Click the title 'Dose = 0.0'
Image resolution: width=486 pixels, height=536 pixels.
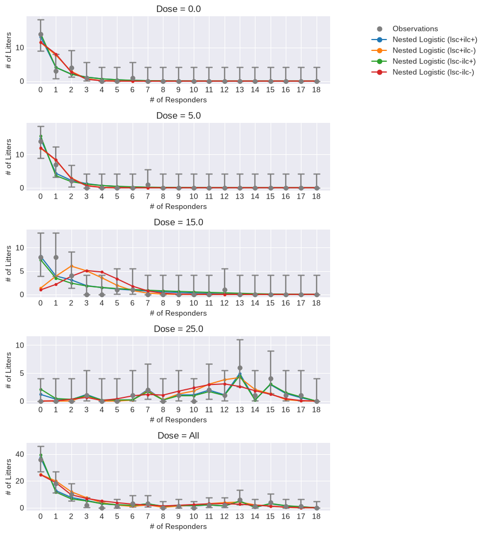[x=179, y=9]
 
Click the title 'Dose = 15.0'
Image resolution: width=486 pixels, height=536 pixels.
[x=179, y=222]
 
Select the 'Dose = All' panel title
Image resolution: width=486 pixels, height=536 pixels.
[x=179, y=435]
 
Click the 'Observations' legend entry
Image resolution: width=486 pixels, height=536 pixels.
[x=415, y=29]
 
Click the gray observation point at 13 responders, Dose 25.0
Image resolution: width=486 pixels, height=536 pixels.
[x=240, y=368]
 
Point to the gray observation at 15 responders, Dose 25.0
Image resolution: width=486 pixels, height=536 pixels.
[x=271, y=379]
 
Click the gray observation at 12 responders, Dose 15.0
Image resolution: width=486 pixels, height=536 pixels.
[x=225, y=290]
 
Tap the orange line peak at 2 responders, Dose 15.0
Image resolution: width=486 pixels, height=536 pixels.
[x=71, y=266]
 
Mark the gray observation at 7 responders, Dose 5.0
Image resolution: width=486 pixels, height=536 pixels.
[x=148, y=185]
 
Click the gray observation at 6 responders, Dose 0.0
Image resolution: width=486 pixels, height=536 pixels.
[x=133, y=79]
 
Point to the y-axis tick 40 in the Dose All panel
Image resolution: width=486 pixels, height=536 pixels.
[x=19, y=454]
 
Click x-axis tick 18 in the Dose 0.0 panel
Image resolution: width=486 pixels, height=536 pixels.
[x=317, y=89]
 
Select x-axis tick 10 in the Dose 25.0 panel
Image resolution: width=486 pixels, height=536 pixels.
[x=194, y=409]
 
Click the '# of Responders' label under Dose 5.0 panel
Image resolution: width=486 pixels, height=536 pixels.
[x=178, y=206]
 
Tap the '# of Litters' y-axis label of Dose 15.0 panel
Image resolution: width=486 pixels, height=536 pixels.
[x=8, y=264]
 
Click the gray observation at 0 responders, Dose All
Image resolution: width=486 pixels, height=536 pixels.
[x=41, y=460]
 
